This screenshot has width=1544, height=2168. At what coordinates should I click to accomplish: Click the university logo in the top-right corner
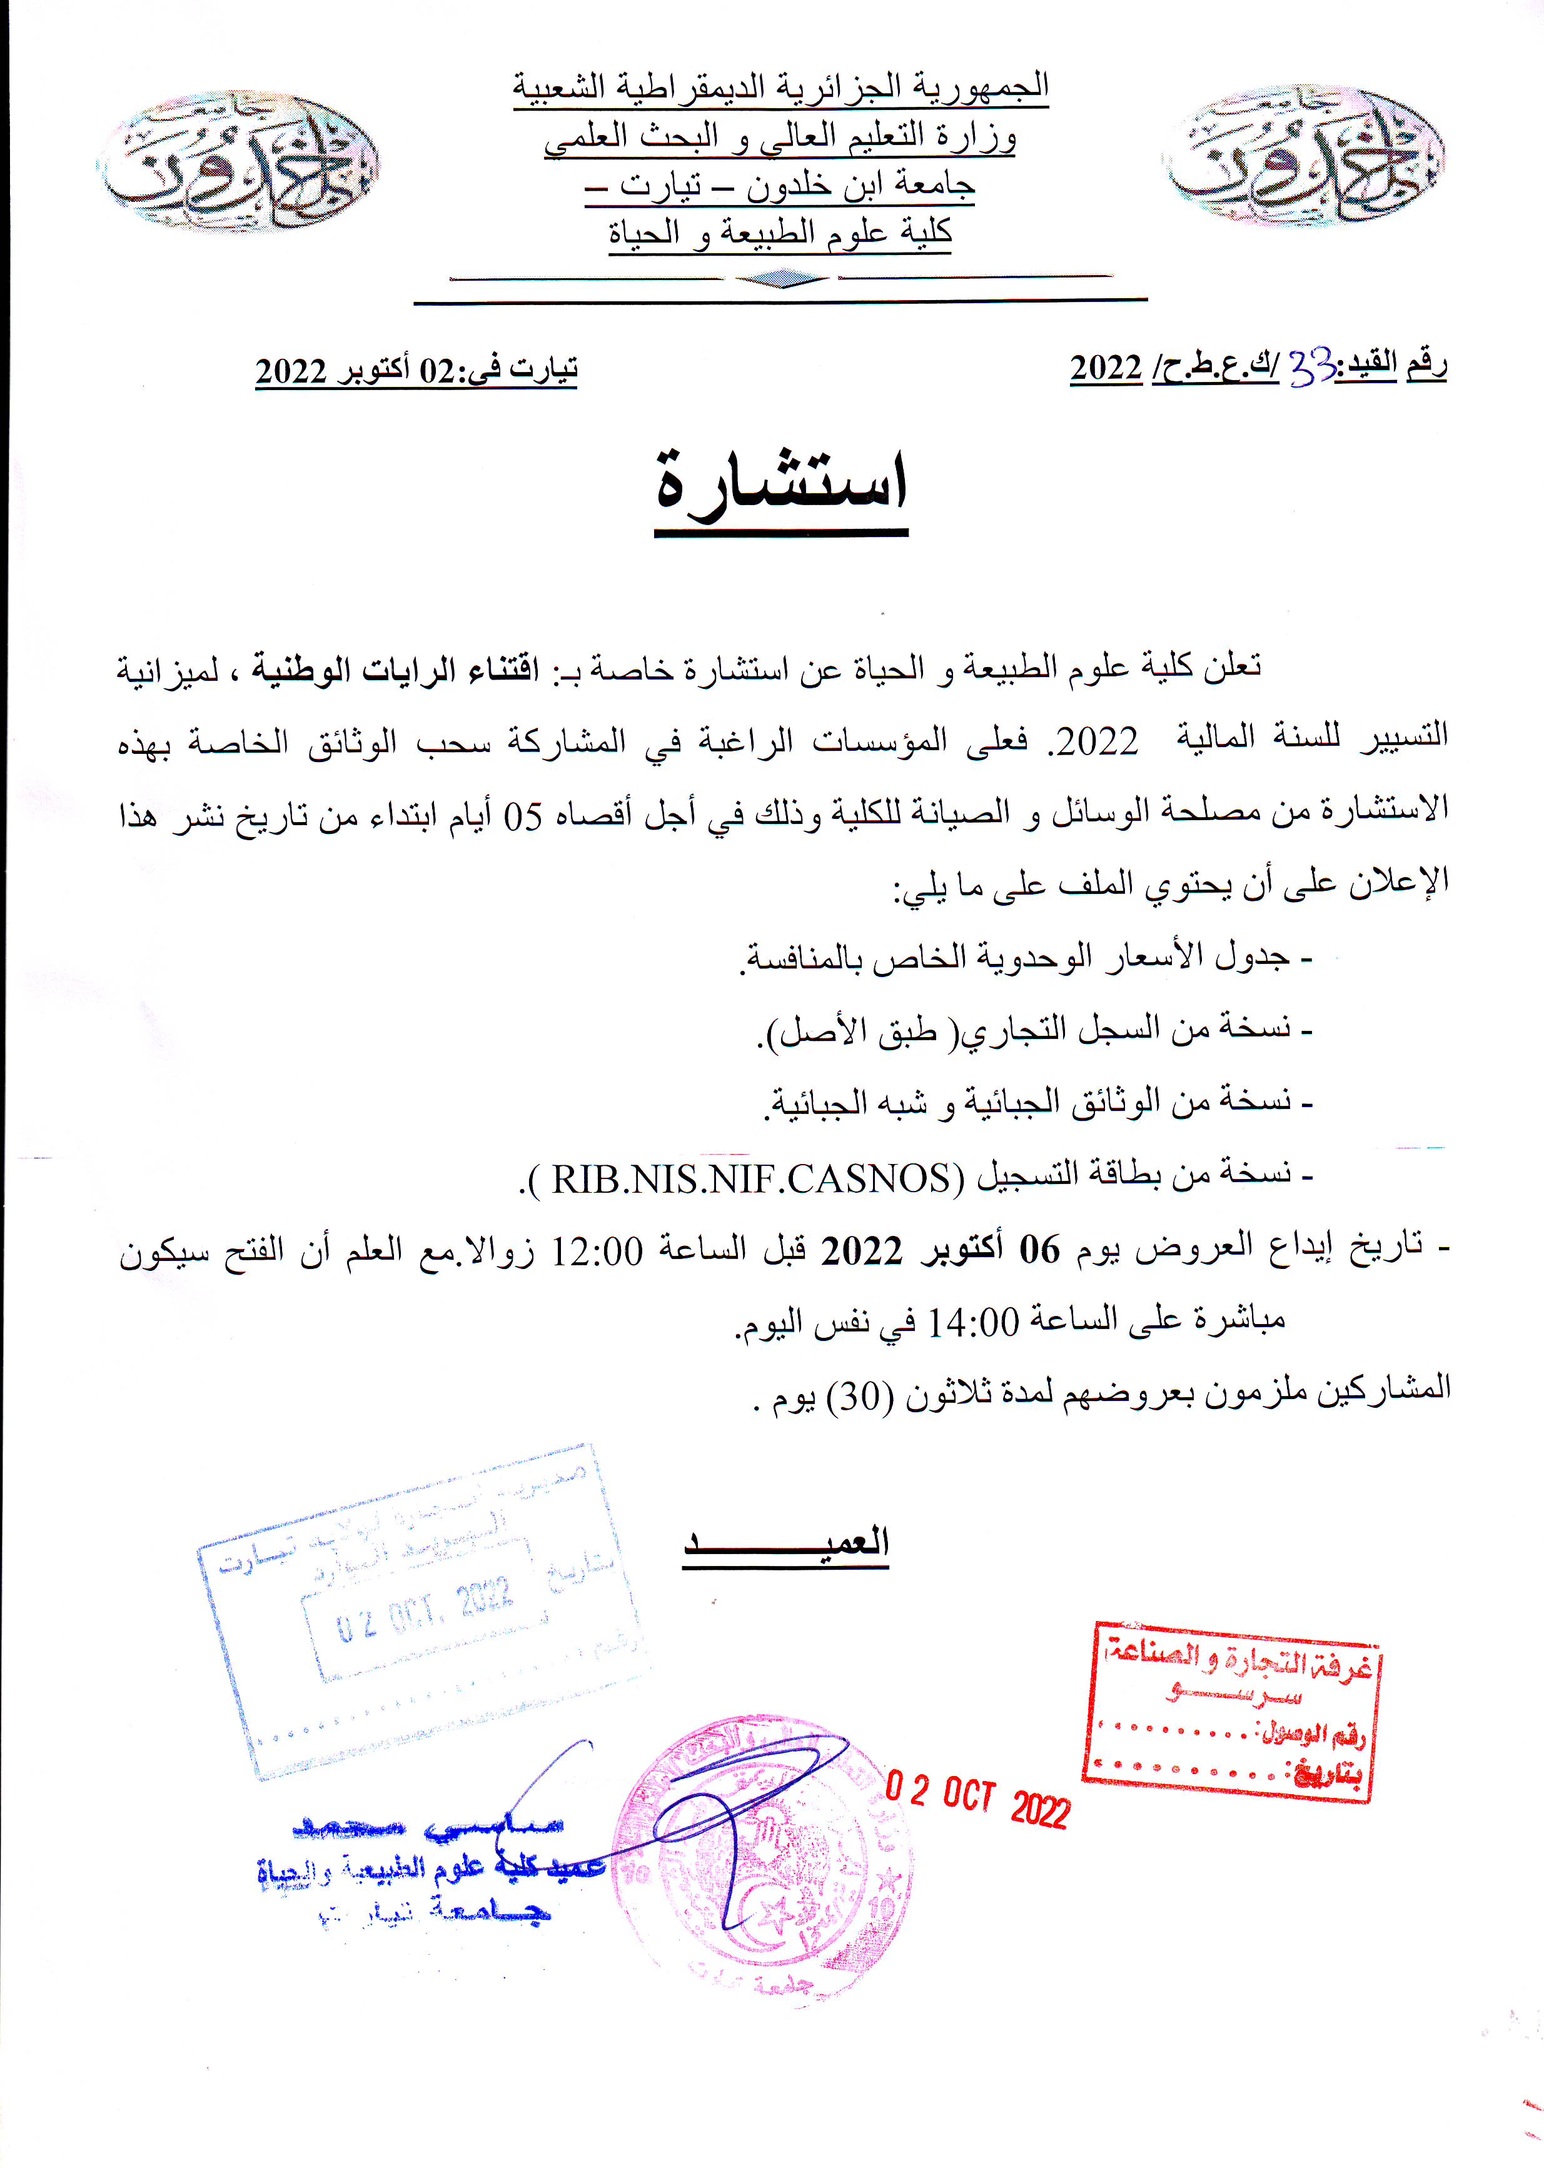click(1303, 157)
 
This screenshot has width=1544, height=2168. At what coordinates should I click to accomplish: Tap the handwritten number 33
click(1312, 369)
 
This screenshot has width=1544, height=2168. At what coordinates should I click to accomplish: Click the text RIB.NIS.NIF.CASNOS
click(751, 1178)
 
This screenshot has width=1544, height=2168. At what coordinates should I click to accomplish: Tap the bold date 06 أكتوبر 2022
click(941, 1251)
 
